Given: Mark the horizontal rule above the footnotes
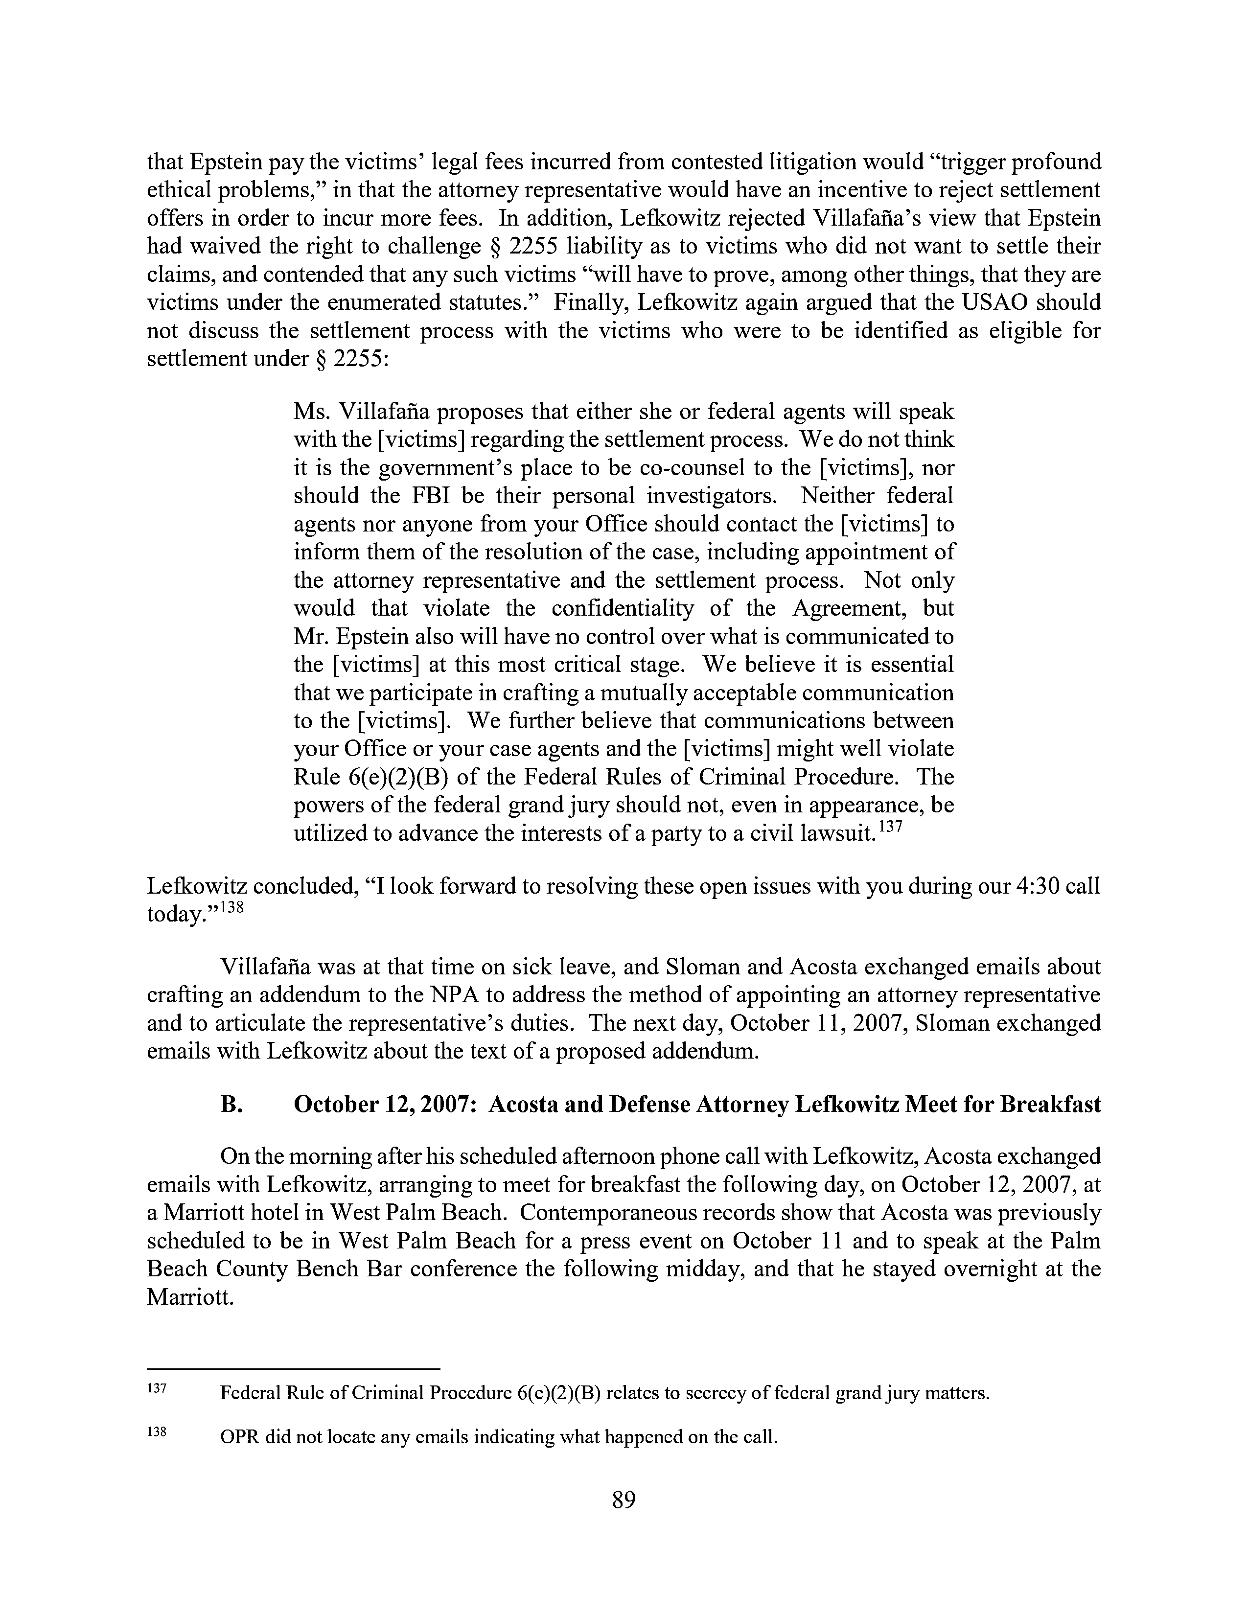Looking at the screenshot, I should tap(294, 1369).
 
